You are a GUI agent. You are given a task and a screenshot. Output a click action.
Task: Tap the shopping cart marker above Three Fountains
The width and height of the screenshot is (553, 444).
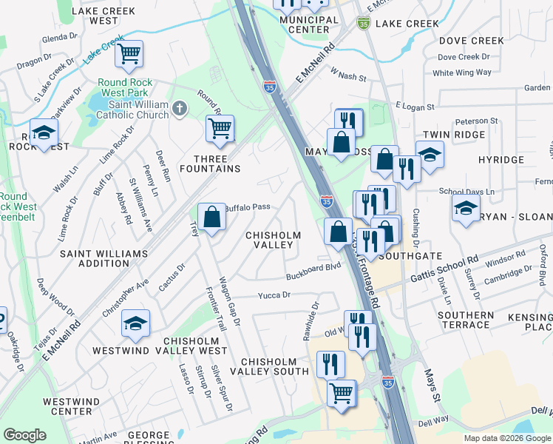220,128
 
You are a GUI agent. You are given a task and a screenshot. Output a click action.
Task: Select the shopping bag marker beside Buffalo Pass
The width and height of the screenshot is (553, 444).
211,217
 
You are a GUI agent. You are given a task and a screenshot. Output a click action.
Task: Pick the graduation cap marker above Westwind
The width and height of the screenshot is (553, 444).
136,323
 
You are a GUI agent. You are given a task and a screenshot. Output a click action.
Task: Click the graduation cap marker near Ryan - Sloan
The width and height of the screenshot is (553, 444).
466,208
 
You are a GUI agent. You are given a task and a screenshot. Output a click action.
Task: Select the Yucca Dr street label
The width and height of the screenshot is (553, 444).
274,295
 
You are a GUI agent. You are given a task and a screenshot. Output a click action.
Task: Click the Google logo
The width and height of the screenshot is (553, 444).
24,435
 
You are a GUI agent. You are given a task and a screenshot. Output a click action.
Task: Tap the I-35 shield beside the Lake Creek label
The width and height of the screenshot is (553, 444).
363,24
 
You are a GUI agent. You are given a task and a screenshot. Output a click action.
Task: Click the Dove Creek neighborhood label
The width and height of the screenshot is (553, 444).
471,41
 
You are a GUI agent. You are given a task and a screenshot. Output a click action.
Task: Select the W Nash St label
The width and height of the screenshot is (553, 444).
349,74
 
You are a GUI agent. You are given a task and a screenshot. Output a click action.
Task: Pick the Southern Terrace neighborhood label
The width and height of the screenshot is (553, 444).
465,320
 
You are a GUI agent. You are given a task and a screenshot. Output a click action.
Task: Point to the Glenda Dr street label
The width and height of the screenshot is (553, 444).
60,37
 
